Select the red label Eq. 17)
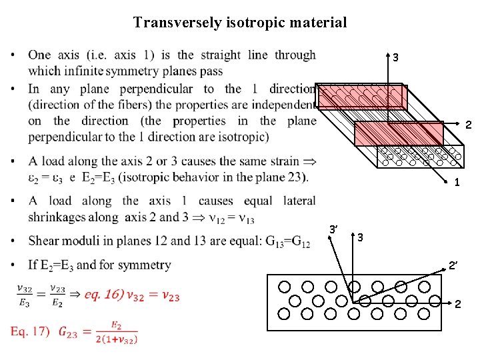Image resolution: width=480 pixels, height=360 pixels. coord(31,331)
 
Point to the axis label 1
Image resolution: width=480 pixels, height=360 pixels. coord(456,183)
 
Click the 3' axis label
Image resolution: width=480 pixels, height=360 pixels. coord(335,229)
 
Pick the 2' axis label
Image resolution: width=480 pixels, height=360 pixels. coord(453,266)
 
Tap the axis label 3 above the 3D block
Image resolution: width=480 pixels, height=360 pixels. coord(395,58)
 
